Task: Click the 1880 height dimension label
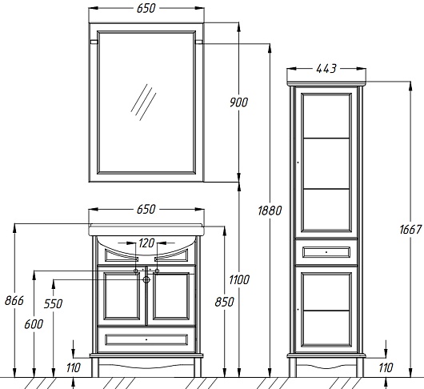pyautogui.click(x=270, y=211)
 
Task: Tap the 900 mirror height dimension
pyautogui.click(x=238, y=102)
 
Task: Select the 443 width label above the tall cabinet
pyautogui.click(x=326, y=69)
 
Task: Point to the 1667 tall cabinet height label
pyautogui.click(x=410, y=230)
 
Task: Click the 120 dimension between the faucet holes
pyautogui.click(x=146, y=243)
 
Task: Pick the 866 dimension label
pyautogui.click(x=14, y=300)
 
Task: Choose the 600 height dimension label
pyautogui.click(x=34, y=324)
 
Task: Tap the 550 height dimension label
pyautogui.click(x=54, y=304)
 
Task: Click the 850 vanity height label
pyautogui.click(x=224, y=302)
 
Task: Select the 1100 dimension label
pyautogui.click(x=239, y=279)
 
